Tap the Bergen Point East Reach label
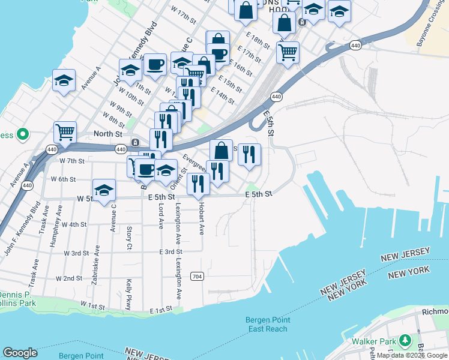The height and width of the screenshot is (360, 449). pyautogui.click(x=267, y=324)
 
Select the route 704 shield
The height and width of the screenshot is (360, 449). pyautogui.click(x=196, y=277)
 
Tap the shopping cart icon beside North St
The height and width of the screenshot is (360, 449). pyautogui.click(x=65, y=131)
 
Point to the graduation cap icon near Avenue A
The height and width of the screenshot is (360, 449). pyautogui.click(x=64, y=80)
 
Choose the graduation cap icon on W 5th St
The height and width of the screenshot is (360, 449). pyautogui.click(x=104, y=190)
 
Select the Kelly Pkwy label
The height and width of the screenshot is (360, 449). pyautogui.click(x=128, y=294)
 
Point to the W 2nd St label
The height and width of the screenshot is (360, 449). pyautogui.click(x=68, y=278)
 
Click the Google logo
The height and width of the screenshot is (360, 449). pyautogui.click(x=20, y=353)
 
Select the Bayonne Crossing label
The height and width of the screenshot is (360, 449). pyautogui.click(x=433, y=24)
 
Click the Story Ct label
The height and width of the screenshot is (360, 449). pyautogui.click(x=129, y=238)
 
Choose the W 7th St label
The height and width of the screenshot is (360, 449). pyautogui.click(x=71, y=161)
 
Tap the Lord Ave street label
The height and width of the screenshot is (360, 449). pyautogui.click(x=161, y=215)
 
